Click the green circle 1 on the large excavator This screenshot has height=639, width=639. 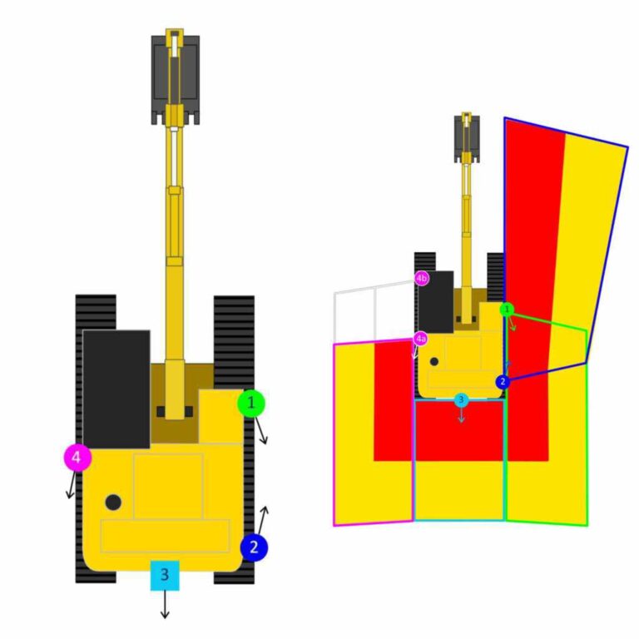point(250,404)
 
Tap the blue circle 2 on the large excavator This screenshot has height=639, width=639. point(254,547)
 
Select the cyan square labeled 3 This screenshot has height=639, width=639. point(165,575)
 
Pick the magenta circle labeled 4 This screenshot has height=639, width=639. point(77,457)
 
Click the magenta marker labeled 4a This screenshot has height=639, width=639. point(421,339)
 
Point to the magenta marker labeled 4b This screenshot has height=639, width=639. point(422,278)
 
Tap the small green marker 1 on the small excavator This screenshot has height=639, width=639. point(507,309)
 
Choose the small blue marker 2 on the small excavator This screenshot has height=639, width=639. point(502,381)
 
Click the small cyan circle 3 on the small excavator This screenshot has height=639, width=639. point(461,399)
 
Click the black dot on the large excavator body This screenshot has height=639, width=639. point(113,502)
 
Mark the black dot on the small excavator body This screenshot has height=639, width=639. point(434,362)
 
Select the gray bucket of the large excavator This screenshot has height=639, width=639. point(175,79)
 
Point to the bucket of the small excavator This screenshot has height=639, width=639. point(467,136)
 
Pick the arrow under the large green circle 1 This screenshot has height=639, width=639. point(262,432)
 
